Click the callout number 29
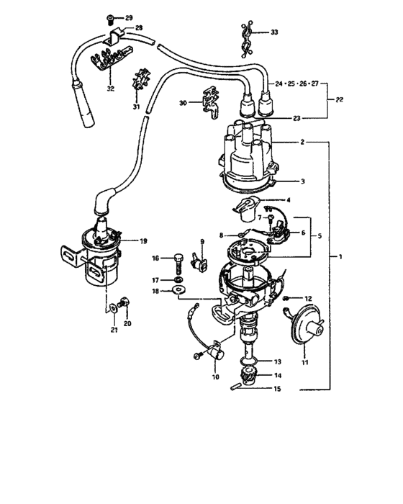point(129,17)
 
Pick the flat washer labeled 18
point(178,291)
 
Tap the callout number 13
point(278,361)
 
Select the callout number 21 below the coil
point(113,330)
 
